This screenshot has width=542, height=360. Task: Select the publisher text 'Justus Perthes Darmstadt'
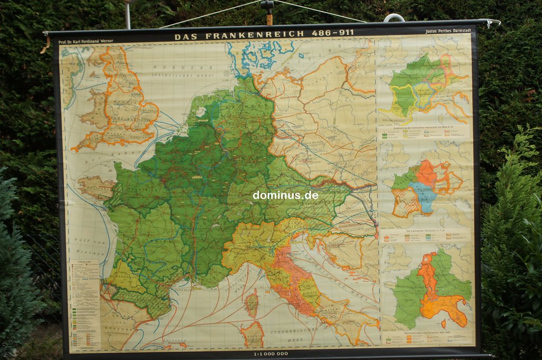[448, 31]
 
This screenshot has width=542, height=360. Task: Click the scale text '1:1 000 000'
[270, 353]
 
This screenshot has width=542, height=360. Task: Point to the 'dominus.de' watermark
[285, 195]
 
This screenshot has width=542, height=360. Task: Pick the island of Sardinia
[254, 334]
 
